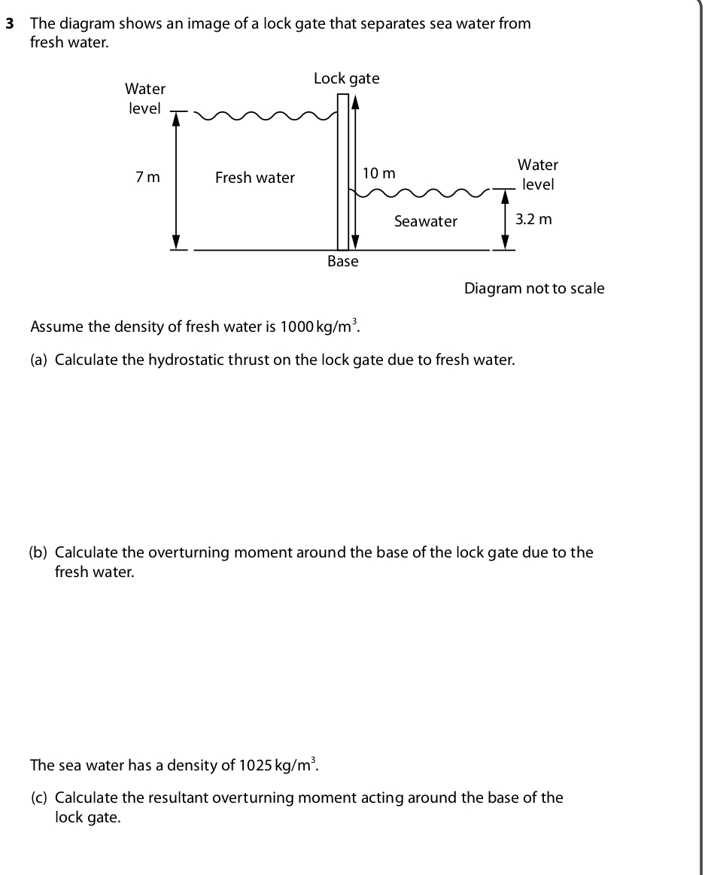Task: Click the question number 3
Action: pos(10,23)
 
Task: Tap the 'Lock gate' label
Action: pos(346,78)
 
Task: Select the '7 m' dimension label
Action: pos(147,178)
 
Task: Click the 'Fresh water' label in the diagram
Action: pos(255,178)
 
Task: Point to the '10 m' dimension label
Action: pos(378,173)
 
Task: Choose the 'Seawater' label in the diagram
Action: pos(425,221)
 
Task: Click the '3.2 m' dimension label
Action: pos(533,220)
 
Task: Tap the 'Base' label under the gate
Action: pos(343,261)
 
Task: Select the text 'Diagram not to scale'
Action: pos(534,288)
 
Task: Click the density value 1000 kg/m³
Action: pos(320,327)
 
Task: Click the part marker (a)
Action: pos(39,360)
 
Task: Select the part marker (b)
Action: pos(39,553)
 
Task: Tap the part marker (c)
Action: pos(39,798)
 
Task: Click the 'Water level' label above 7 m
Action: pos(145,99)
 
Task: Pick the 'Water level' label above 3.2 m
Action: pos(538,175)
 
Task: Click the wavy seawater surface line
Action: pos(421,195)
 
